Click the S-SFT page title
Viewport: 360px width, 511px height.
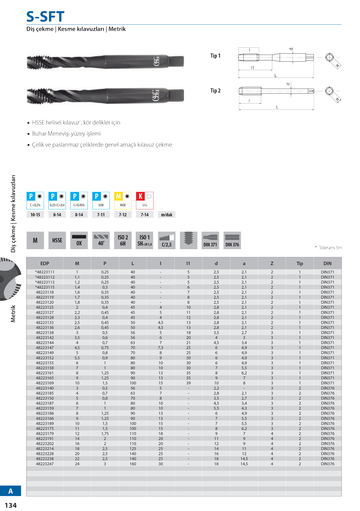(x=46, y=17)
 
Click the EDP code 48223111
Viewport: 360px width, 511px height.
(x=45, y=272)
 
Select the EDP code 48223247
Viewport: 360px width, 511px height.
(x=45, y=464)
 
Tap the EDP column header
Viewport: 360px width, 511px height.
(x=45, y=264)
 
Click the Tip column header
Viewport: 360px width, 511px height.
(x=300, y=264)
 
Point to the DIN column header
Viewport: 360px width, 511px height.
(x=327, y=264)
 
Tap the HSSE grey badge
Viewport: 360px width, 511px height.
(x=57, y=241)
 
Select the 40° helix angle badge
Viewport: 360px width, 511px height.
(x=101, y=241)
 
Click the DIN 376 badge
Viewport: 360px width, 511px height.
(x=232, y=241)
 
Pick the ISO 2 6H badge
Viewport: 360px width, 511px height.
(x=123, y=241)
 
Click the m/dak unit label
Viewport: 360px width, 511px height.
(x=166, y=215)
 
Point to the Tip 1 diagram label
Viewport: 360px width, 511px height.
(x=215, y=56)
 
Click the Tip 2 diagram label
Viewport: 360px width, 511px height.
(x=215, y=91)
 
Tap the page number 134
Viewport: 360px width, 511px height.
(x=10, y=505)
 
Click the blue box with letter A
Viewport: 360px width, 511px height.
(x=11, y=491)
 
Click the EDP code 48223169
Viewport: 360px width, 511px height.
(x=45, y=383)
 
